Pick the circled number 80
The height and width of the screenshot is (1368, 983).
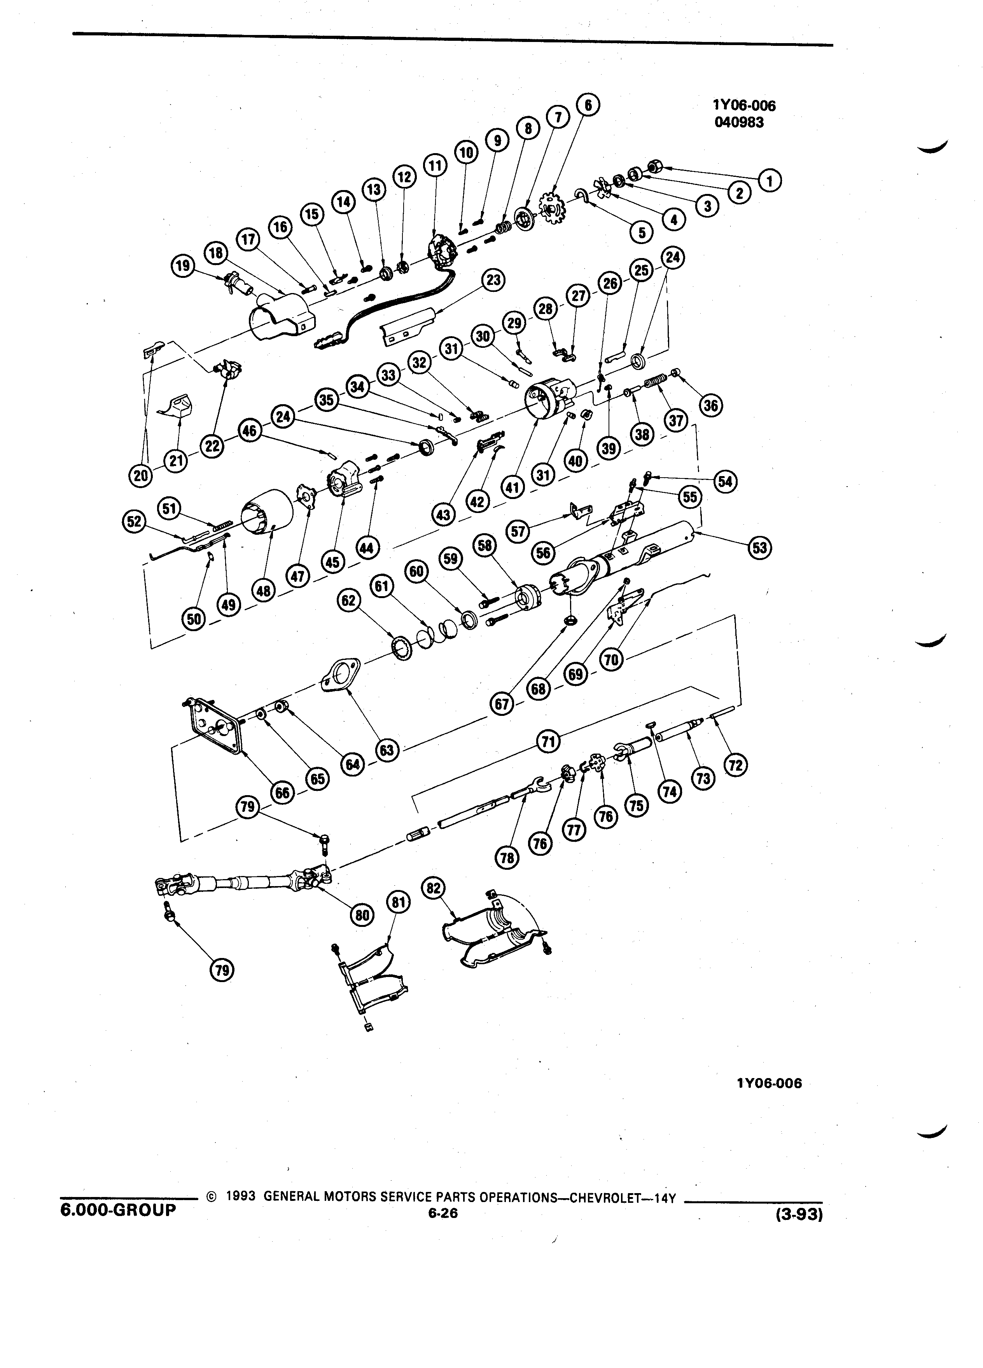[362, 914]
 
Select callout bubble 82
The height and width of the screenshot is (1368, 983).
[434, 888]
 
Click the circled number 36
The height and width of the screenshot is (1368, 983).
[711, 405]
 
